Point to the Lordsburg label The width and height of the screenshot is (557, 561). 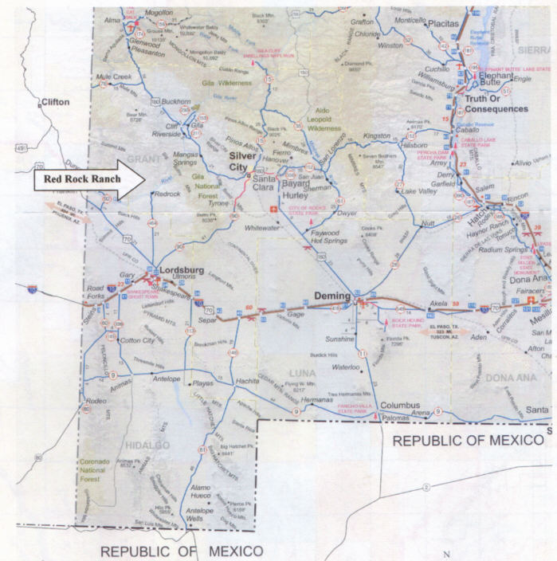(x=183, y=269)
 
